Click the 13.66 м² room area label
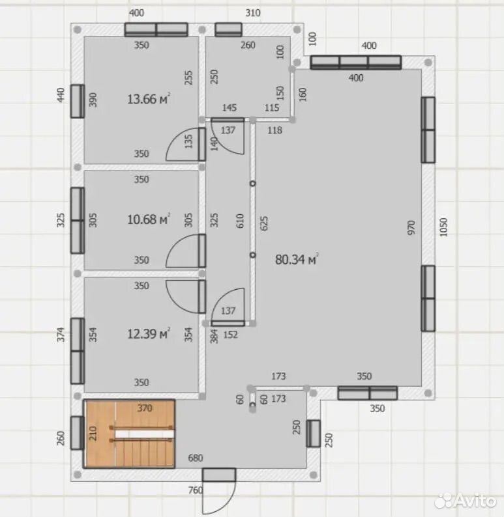pos(149,99)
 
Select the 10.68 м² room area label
pos(149,219)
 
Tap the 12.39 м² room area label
pos(149,333)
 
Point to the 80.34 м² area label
pos(297,260)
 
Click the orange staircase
pos(129,434)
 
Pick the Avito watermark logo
pos(466,501)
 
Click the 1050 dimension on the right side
pos(443,227)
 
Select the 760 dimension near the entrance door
pos(196,490)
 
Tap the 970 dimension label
pos(411,227)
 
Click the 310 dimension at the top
pos(253,13)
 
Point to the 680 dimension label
pos(196,458)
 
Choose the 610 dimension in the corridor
pos(240,221)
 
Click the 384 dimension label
pos(215,337)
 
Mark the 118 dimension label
pos(274,130)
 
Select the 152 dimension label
pos(230,335)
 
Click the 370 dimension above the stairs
pos(145,408)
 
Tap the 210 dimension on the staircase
pos(93,433)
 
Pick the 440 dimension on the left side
pos(61,95)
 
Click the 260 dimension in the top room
pos(248,45)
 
